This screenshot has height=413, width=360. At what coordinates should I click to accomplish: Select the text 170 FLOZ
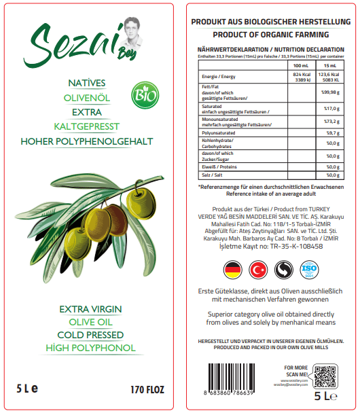tap(147, 391)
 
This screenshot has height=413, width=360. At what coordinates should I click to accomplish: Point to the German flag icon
tap(234, 270)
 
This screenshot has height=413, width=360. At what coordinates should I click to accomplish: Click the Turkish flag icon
tap(259, 270)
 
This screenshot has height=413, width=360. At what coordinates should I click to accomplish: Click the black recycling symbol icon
tap(284, 270)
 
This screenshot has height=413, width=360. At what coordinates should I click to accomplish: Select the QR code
tap(325, 376)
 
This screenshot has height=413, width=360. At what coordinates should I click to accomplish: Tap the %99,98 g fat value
tap(331, 91)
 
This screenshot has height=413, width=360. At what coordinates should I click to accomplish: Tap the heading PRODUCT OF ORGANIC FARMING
tap(270, 34)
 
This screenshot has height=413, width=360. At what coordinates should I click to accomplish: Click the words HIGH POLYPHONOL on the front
tap(90, 348)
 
